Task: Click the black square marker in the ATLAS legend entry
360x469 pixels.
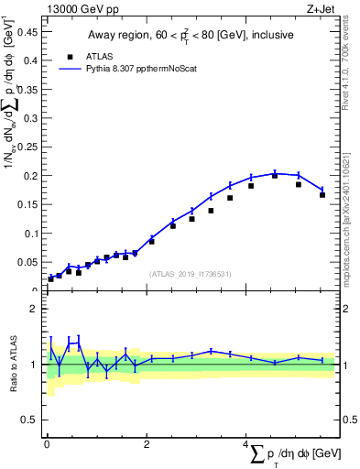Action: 70,55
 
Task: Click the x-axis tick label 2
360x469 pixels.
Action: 147,444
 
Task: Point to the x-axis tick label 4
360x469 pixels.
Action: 245,444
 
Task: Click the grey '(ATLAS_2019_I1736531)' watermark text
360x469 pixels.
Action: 191,274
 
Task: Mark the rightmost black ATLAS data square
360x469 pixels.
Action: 322,194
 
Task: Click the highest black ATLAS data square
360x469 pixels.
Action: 275,175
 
